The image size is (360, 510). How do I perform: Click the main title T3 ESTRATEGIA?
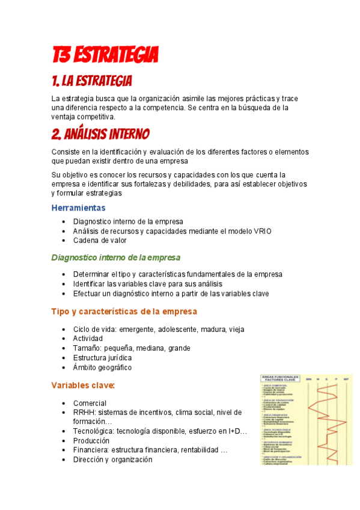pyautogui.click(x=105, y=56)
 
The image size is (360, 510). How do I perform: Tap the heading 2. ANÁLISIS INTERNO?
pyautogui.click(x=100, y=133)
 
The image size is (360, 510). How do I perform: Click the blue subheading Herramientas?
pyautogui.click(x=78, y=207)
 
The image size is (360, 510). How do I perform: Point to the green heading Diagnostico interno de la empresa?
pyautogui.click(x=115, y=257)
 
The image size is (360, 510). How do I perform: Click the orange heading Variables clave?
pyautogui.click(x=83, y=385)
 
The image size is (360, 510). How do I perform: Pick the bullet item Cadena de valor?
pyautogui.click(x=100, y=240)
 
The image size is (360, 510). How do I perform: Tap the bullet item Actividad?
pyautogui.click(x=88, y=339)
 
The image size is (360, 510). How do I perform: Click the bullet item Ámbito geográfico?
pyautogui.click(x=102, y=367)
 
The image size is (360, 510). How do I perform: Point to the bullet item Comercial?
pyautogui.click(x=90, y=403)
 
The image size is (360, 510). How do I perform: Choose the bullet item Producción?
pyautogui.click(x=91, y=440)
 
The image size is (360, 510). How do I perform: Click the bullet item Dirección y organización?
pyautogui.click(x=112, y=459)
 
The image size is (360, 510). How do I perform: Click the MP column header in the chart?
pyautogui.click(x=346, y=379)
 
